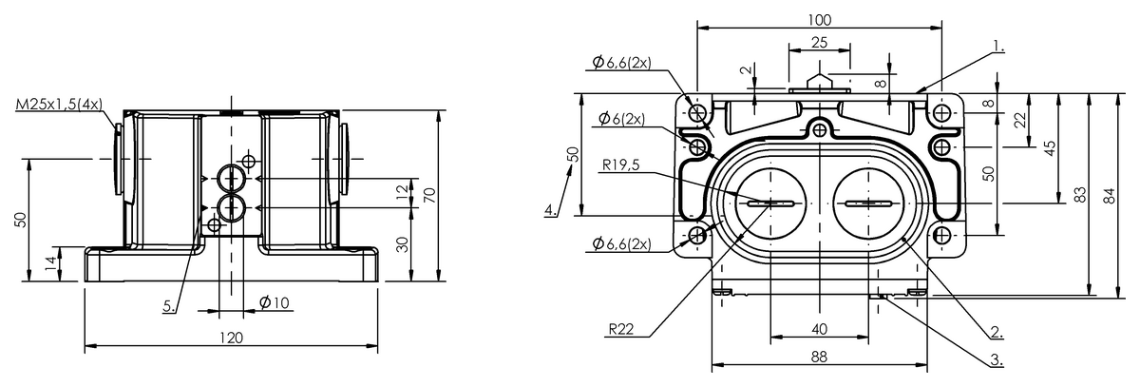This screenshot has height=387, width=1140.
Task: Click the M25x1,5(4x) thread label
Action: [59, 105]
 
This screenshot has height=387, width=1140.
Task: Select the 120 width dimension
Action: [231, 339]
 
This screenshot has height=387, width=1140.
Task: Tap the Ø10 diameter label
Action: [275, 303]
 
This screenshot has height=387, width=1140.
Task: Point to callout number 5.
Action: [169, 306]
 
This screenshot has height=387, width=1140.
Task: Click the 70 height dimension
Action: [430, 196]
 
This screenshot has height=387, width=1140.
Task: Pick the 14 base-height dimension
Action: [51, 263]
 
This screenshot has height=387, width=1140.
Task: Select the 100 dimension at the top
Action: [819, 20]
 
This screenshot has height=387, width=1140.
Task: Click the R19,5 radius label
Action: [621, 165]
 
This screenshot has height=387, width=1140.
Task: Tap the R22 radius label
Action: [621, 329]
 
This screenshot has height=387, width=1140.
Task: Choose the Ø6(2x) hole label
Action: [621, 119]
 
